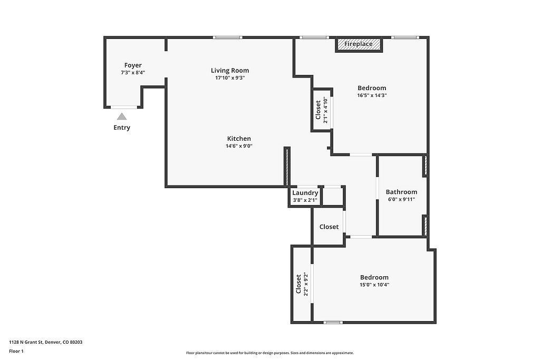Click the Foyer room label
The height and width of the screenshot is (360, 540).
point(133,65)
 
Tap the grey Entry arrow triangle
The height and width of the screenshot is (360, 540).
point(122,116)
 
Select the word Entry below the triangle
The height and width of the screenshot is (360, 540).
point(122,128)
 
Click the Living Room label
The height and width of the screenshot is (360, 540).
point(230,71)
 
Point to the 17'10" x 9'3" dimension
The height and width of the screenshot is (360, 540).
point(230,78)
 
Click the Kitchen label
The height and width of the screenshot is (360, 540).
point(239,139)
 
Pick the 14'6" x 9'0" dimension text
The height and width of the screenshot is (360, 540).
point(239,146)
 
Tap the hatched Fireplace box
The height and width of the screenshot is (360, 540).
point(359,44)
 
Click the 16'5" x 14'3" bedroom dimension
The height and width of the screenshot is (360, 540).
point(372,95)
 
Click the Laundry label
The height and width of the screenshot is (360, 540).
point(305,193)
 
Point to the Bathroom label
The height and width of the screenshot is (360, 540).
point(401,192)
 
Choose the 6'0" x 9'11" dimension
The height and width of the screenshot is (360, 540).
point(401,199)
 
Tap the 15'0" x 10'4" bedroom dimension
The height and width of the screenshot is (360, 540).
point(374,285)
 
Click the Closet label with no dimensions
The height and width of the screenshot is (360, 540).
point(329,227)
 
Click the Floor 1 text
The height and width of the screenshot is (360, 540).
point(16,352)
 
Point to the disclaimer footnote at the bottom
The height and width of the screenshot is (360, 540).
point(270,353)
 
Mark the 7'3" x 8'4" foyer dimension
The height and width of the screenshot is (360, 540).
point(133,73)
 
